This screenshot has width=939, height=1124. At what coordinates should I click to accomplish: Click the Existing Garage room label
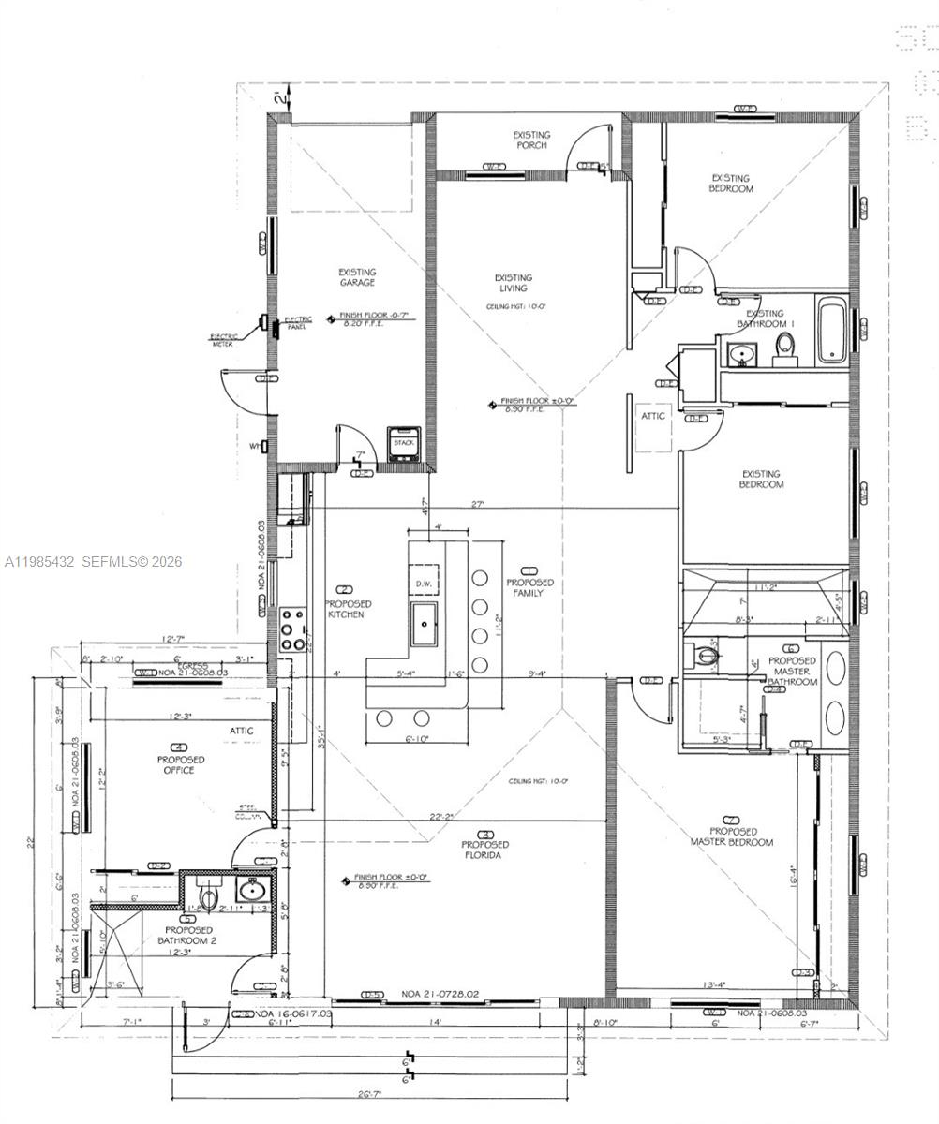357,277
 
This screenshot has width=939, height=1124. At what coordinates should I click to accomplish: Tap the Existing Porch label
531,140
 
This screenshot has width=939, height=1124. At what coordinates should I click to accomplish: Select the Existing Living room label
513,283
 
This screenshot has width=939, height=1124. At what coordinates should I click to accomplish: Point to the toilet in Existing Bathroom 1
785,350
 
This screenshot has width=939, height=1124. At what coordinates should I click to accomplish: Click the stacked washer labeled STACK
404,443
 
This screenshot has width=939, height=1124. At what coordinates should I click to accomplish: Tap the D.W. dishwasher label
425,583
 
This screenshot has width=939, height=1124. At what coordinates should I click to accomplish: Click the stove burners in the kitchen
293,630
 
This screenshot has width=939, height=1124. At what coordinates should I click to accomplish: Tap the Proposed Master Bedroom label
732,836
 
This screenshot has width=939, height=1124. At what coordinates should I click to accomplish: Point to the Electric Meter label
224,339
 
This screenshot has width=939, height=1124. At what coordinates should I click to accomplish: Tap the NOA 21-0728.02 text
440,994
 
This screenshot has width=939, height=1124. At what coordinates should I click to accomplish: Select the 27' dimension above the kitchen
477,505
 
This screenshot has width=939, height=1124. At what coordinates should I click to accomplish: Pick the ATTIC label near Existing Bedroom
653,416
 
